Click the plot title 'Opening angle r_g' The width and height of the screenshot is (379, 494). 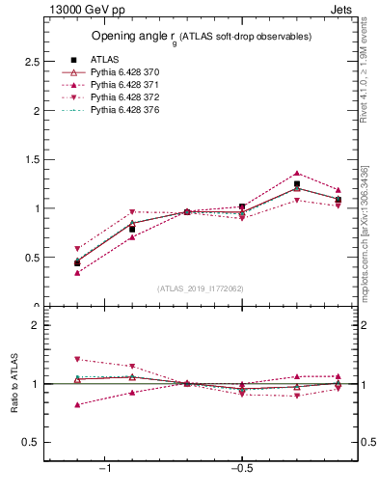[201, 37]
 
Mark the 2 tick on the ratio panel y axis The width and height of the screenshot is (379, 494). [35, 325]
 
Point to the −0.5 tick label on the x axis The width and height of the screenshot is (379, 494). [240, 469]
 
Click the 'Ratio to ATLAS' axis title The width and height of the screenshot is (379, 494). [13, 384]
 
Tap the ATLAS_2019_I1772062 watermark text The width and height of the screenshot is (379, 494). [201, 288]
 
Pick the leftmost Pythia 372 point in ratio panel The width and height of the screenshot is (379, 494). [77, 359]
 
